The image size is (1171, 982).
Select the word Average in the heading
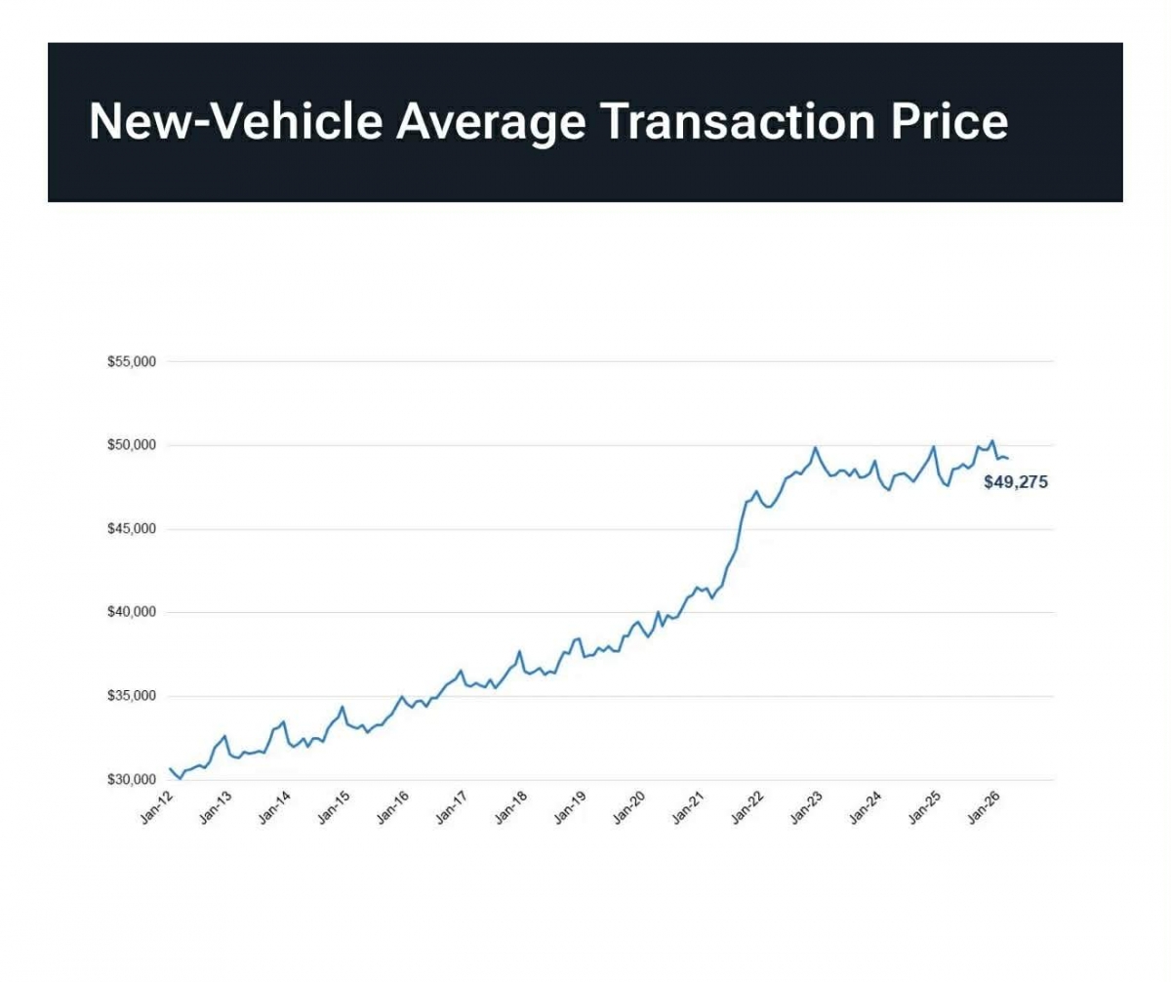491,121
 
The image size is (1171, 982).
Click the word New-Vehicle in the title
234,121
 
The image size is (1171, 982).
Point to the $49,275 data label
1015,481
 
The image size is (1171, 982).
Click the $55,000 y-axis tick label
132,362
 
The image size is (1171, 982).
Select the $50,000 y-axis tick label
132,445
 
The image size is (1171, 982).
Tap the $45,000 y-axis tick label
132,529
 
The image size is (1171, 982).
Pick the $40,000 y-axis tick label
132,612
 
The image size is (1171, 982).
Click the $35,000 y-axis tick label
132,696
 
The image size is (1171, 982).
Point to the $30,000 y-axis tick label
132,780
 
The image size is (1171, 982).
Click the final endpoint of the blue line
1007,458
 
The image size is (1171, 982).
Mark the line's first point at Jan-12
170,769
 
